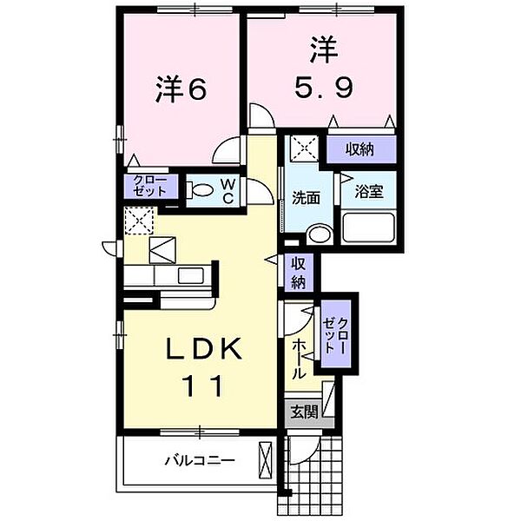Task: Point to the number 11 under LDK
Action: tap(207, 384)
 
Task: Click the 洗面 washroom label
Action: tap(306, 198)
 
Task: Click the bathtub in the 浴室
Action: tap(369, 228)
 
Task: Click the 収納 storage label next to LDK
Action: tap(298, 272)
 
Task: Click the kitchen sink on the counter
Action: tap(190, 276)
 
